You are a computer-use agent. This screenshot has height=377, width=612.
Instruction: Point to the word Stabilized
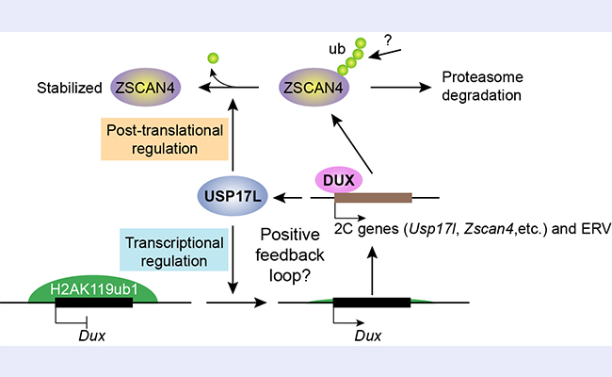click(71, 91)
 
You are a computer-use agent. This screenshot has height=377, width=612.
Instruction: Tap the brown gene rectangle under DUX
click(373, 198)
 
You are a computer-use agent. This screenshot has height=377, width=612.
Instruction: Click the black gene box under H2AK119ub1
click(95, 303)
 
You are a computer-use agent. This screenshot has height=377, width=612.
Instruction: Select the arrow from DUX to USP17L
click(293, 198)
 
